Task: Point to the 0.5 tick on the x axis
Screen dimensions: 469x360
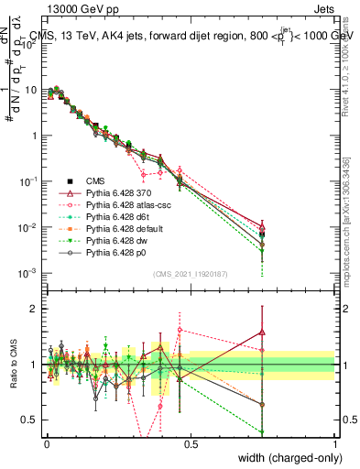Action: tap(191, 443)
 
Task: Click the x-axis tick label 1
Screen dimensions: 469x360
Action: tap(334, 443)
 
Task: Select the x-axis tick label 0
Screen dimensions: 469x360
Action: tap(47, 443)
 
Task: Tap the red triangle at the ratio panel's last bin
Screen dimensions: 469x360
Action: tap(263, 333)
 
